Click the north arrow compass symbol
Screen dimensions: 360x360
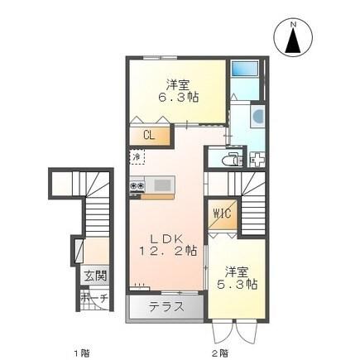[292, 40]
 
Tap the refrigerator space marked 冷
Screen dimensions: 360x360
[135, 156]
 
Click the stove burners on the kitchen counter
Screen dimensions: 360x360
[136, 186]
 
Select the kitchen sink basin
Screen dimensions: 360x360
[160, 185]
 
